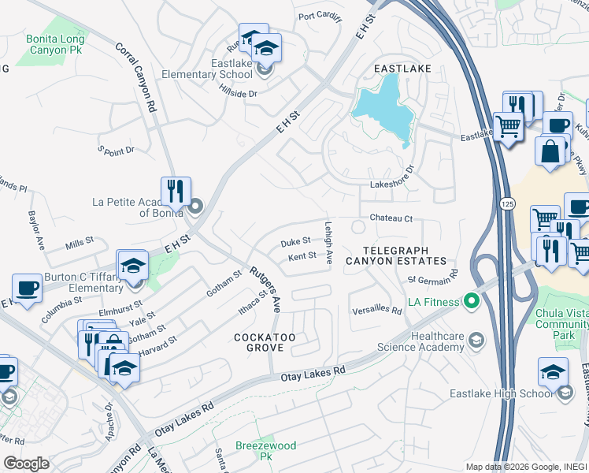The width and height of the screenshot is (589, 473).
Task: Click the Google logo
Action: click(x=26, y=463)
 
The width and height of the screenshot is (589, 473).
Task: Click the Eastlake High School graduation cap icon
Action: click(x=553, y=371)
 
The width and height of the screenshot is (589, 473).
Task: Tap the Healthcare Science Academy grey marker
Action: click(x=476, y=340)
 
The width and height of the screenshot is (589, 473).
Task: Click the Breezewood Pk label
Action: click(x=265, y=451)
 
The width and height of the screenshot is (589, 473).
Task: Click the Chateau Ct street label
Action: click(x=391, y=219)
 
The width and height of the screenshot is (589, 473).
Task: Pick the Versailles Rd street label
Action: click(x=377, y=311)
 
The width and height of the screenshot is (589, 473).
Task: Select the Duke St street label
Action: click(x=295, y=242)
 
